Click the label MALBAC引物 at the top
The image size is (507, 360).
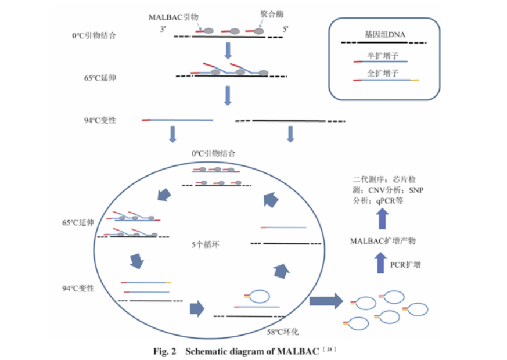[x=173, y=17]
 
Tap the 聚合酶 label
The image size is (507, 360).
[x=272, y=14]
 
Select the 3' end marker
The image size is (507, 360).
[x=163, y=29]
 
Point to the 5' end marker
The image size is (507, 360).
[x=285, y=29]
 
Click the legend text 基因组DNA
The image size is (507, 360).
[x=385, y=35]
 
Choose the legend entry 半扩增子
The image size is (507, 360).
[x=383, y=56]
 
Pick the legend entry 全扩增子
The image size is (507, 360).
[x=383, y=73]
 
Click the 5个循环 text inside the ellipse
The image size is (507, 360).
[x=206, y=244]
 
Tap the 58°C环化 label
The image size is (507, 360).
[x=283, y=332]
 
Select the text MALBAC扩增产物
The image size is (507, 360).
[x=383, y=241]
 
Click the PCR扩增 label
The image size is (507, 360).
[x=405, y=265]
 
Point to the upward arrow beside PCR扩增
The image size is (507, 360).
[x=380, y=262]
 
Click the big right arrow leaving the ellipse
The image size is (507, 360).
[x=326, y=301]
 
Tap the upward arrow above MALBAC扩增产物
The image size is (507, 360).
[x=383, y=218]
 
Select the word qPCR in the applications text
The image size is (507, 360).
[x=386, y=201]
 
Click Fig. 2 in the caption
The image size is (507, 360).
[x=164, y=351]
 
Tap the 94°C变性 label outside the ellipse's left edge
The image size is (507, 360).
[x=78, y=288]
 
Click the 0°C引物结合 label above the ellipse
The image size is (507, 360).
[x=213, y=153]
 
